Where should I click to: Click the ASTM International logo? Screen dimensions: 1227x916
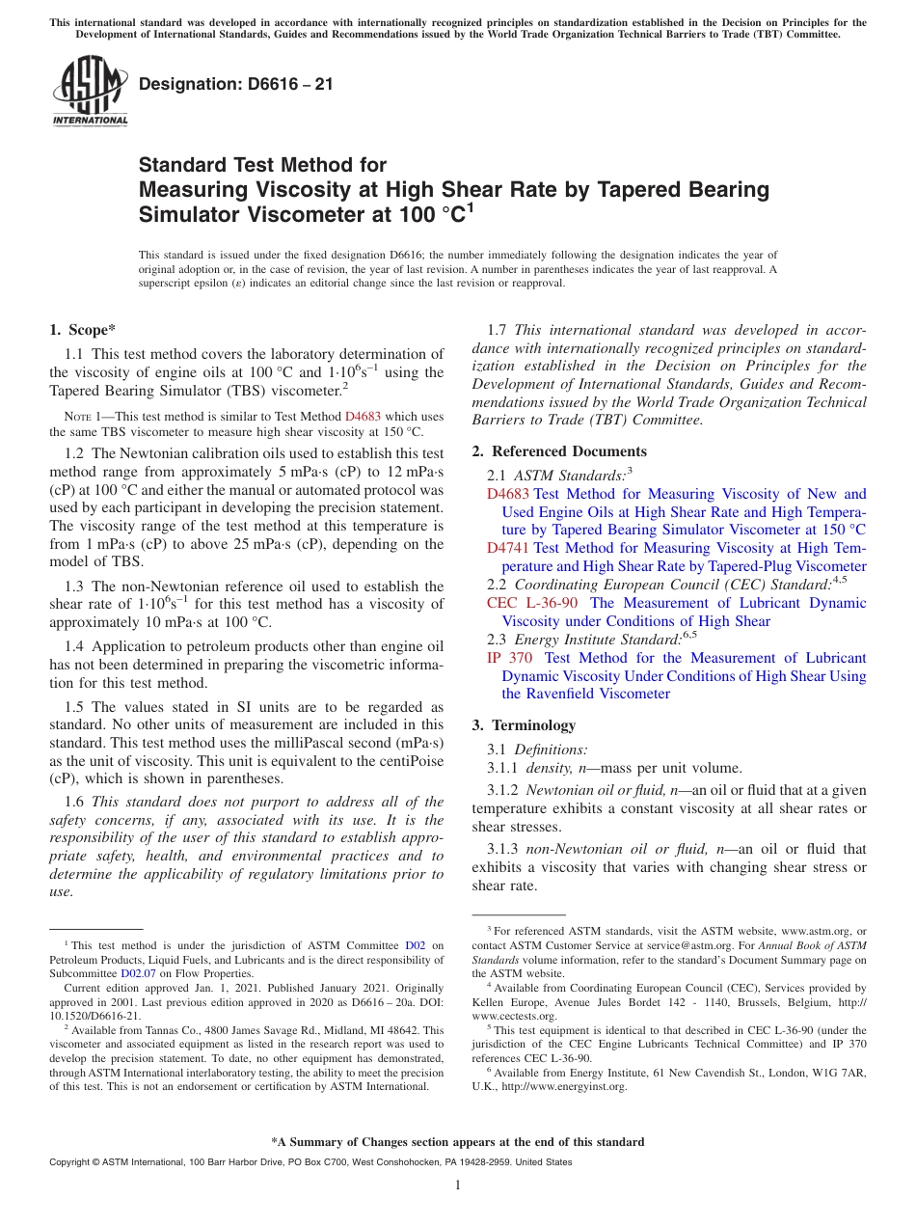point(90,92)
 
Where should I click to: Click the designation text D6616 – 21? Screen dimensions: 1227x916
point(236,84)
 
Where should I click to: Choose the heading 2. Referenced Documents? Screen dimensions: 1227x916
point(559,451)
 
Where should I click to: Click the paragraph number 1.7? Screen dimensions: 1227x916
point(500,330)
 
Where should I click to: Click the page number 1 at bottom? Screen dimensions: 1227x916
point(458,1186)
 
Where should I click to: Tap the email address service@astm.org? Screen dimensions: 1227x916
point(680,945)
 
